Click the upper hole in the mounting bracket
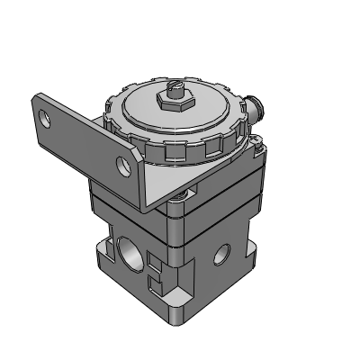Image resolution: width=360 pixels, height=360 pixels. (x=47, y=116)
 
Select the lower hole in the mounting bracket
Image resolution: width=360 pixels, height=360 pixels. (x=124, y=162)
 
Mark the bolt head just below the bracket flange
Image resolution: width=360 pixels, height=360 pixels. (x=186, y=192)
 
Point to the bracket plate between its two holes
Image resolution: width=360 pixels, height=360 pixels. (x=85, y=139)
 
